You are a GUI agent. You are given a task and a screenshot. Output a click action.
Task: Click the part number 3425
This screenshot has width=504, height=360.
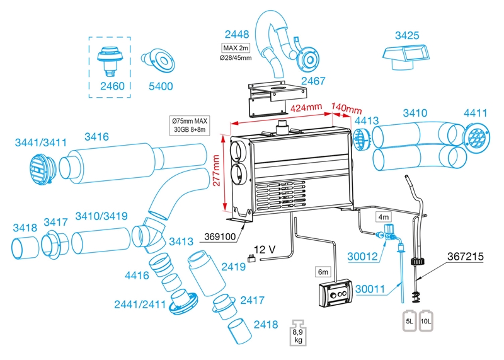(408, 36)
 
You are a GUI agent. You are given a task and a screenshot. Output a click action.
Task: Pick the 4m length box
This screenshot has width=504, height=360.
(384, 216)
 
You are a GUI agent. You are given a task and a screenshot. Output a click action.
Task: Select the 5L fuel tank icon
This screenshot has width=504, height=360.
(409, 321)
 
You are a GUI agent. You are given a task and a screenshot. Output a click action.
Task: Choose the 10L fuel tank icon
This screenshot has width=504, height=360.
(426, 321)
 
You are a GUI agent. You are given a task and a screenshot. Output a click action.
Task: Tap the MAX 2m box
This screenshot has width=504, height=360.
(237, 48)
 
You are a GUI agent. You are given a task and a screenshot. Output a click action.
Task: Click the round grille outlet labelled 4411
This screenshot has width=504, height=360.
(478, 137)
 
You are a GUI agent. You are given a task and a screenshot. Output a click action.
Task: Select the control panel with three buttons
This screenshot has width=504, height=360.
(335, 294)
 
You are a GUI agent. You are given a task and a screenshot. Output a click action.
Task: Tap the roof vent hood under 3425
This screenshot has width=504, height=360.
(406, 59)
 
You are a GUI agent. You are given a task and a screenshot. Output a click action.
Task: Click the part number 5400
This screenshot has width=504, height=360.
(160, 85)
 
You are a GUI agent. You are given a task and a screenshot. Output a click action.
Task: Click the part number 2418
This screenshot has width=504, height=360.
(265, 324)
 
